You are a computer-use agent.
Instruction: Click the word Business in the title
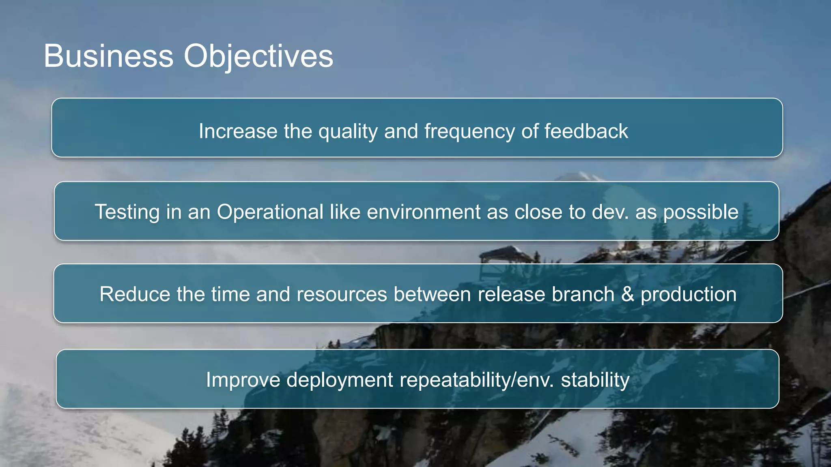click(x=108, y=56)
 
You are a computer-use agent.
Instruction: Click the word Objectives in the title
click(x=258, y=56)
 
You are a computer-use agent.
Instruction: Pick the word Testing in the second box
click(x=127, y=212)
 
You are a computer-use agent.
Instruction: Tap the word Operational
click(x=270, y=212)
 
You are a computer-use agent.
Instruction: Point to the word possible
click(x=700, y=212)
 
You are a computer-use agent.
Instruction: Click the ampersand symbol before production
click(x=627, y=294)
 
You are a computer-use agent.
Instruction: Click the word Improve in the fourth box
click(x=243, y=380)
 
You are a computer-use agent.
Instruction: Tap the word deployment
click(x=340, y=380)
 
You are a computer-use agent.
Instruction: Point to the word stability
click(x=595, y=380)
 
